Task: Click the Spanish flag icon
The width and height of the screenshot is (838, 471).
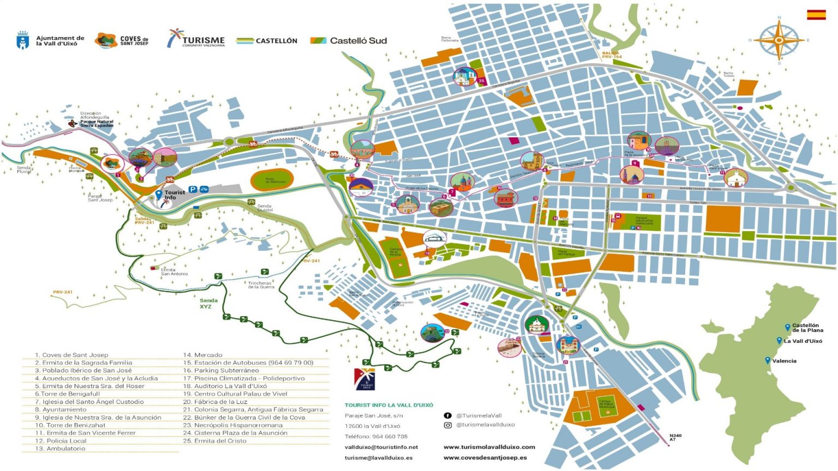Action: click(816, 15)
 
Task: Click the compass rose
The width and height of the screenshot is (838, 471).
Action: click(779, 40)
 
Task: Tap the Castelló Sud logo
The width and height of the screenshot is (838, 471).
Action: click(349, 40)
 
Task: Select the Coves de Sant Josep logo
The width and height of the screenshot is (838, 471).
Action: click(121, 40)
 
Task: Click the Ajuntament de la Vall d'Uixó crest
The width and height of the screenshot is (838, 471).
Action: click(22, 40)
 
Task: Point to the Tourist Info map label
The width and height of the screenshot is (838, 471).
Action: click(175, 195)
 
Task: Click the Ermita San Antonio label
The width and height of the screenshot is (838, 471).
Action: click(174, 271)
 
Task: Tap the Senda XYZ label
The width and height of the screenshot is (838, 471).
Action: click(208, 304)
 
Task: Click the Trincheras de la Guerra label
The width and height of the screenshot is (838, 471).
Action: click(260, 285)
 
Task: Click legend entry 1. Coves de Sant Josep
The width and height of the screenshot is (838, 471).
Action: click(71, 355)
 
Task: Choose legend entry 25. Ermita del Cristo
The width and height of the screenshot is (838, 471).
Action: click(214, 441)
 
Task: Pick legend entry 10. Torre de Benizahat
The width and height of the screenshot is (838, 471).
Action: click(70, 425)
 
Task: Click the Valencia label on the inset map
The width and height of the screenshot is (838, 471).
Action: click(784, 361)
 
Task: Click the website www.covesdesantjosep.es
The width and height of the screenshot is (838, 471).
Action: click(484, 457)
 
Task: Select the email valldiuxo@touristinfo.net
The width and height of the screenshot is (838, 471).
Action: click(381, 447)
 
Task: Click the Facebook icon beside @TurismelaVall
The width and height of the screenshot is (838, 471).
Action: click(447, 415)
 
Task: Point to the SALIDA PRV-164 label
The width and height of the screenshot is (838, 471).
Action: click(612, 55)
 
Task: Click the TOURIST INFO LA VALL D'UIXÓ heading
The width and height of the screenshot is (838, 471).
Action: click(388, 405)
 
